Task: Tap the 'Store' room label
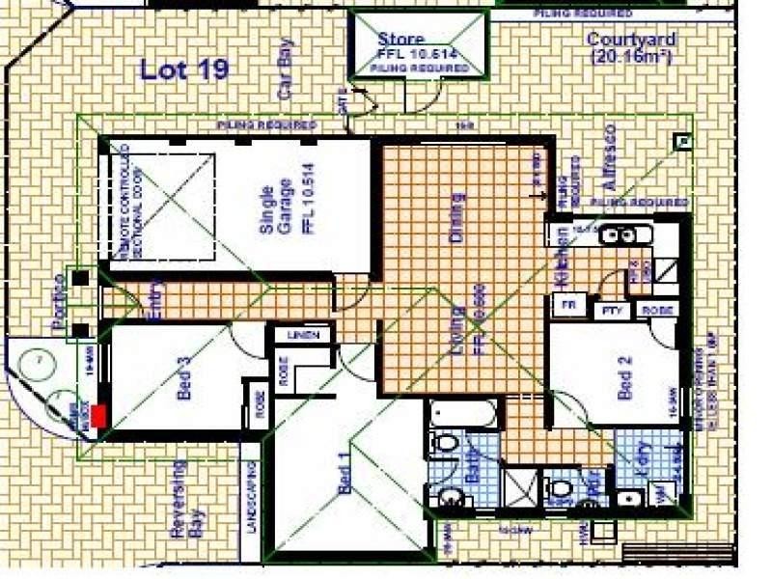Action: pos(401,41)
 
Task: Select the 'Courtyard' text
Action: pos(631,40)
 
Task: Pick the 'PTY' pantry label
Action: pos(611,311)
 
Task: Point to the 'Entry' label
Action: pos(156,299)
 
